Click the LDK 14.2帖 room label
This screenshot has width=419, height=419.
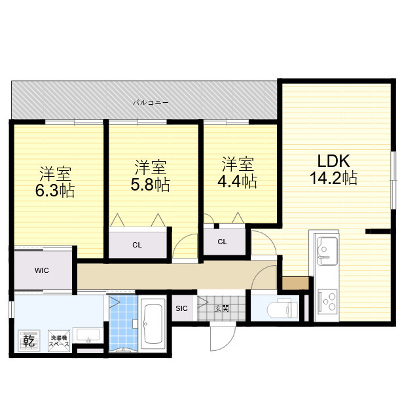tap(333, 170)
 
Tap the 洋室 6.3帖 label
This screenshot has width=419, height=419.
tap(55, 182)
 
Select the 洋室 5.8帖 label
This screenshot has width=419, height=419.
tap(150, 175)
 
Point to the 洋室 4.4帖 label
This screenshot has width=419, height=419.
tap(238, 173)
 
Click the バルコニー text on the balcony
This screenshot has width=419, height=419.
tap(151, 102)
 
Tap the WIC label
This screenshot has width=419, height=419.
tap(42, 270)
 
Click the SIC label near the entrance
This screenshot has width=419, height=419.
tap(182, 308)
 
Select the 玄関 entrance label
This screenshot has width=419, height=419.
tap(222, 308)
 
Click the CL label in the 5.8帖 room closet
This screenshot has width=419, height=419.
tap(137, 245)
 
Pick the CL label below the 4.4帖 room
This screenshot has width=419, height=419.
tap(223, 242)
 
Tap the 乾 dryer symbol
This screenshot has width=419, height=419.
tap(29, 340)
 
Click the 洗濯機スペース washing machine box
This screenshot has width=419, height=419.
tap(59, 341)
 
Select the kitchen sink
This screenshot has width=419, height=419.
tap(327, 251)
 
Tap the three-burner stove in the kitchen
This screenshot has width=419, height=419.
tap(327, 302)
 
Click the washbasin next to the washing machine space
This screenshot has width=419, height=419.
tap(88, 335)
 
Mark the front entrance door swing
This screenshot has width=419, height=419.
tap(223, 337)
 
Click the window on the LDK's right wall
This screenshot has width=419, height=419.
tap(393, 180)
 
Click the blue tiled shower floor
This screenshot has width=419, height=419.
tap(123, 323)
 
